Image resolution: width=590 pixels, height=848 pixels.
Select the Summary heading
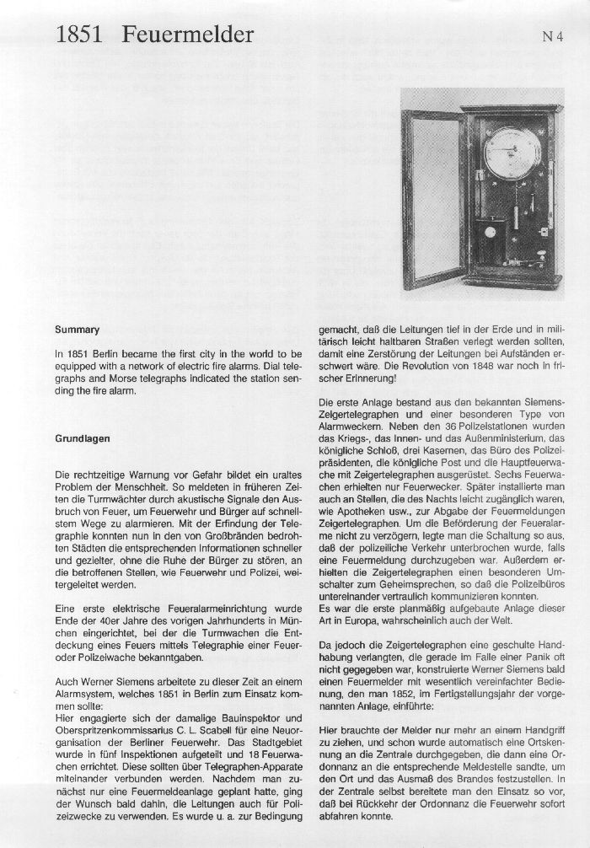coord(76,330)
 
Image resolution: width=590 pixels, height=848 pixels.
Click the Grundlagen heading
coord(82,438)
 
